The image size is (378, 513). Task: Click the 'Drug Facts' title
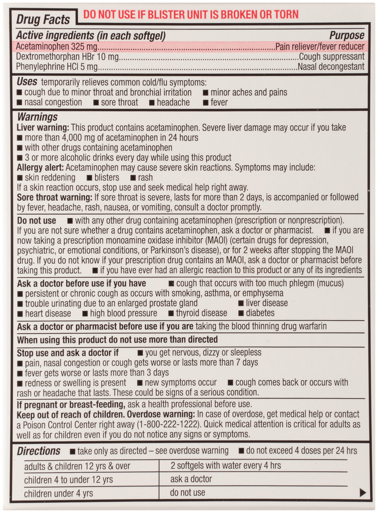[43, 20]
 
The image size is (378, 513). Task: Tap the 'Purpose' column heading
[346, 35]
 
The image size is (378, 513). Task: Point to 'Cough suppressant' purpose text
[331, 56]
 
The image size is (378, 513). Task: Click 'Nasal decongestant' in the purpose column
[331, 67]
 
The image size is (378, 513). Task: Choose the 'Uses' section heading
[27, 81]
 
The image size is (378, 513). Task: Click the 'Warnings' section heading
[37, 117]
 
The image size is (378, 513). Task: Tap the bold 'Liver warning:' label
[43, 127]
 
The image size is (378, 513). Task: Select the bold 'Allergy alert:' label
[40, 168]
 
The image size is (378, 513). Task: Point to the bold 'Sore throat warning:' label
[54, 197]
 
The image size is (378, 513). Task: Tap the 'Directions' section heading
[39, 451]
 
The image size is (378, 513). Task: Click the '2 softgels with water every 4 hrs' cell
[226, 466]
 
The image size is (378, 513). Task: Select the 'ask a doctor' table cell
[191, 479]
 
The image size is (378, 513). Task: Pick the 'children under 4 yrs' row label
[58, 493]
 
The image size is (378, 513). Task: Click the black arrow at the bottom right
[363, 492]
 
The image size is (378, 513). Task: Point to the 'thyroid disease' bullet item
[201, 313]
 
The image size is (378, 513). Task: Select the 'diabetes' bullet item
[260, 313]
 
